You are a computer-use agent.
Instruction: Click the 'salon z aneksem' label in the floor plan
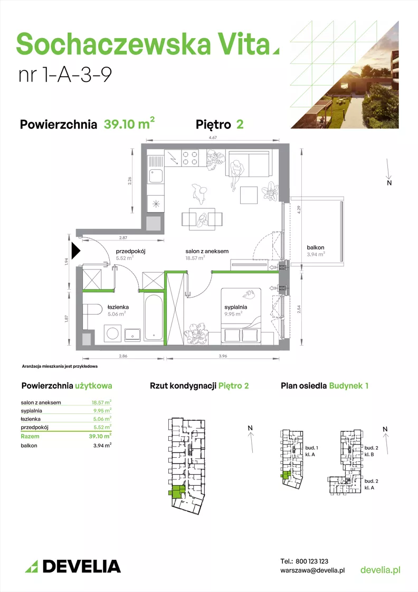pyautogui.click(x=207, y=251)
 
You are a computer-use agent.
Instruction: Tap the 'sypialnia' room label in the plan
pyautogui.click(x=235, y=307)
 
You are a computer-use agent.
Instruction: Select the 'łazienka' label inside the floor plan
pyautogui.click(x=118, y=307)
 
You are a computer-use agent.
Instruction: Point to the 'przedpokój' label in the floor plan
pyautogui.click(x=130, y=251)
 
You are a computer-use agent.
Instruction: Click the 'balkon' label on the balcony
pyautogui.click(x=316, y=247)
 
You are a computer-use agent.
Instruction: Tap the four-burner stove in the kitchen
pyautogui.click(x=191, y=158)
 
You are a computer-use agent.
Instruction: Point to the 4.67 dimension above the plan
pyautogui.click(x=213, y=138)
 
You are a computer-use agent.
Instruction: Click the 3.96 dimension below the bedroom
pyautogui.click(x=223, y=356)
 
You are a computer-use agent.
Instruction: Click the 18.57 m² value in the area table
pyautogui.click(x=101, y=402)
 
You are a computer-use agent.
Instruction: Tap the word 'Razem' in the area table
pyautogui.click(x=30, y=436)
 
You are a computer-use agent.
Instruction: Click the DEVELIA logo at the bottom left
pyautogui.click(x=73, y=566)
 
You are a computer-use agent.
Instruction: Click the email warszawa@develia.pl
pyautogui.click(x=312, y=570)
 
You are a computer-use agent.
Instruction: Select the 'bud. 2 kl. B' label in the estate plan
pyautogui.click(x=371, y=451)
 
